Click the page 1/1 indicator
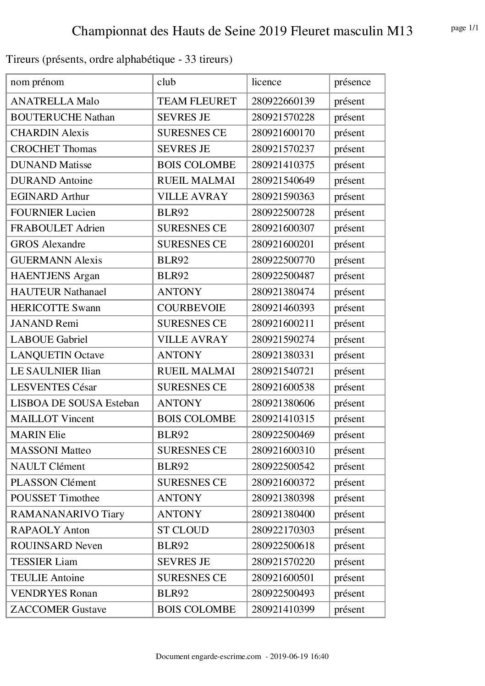tap(464, 28)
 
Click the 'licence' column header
tap(266, 82)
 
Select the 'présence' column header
tap(352, 82)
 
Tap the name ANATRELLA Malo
tap(55, 101)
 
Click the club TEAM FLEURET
tap(197, 101)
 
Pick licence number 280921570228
tap(283, 117)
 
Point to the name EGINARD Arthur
tap(50, 197)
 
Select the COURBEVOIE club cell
tap(191, 308)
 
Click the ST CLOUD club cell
tap(183, 530)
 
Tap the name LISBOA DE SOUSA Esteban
tap(75, 403)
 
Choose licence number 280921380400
tap(283, 514)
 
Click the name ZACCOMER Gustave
tap(58, 609)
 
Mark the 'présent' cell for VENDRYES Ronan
tap(349, 593)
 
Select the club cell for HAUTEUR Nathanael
tap(179, 292)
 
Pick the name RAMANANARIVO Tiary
tap(67, 514)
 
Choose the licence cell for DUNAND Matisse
tap(283, 165)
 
